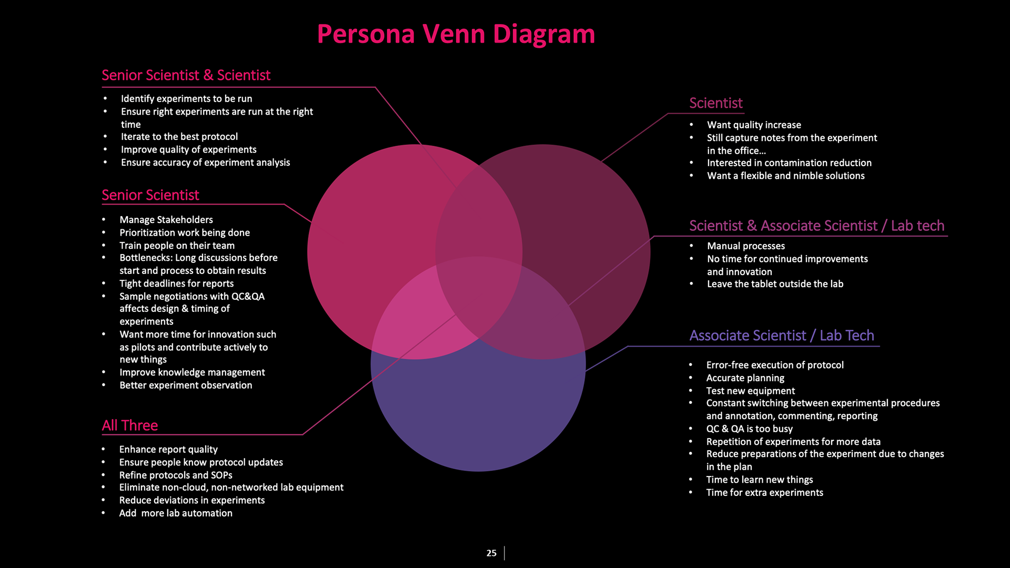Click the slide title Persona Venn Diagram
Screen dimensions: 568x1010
tap(456, 34)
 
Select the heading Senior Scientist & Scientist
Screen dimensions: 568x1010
tap(186, 75)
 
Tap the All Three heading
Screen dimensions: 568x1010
tap(129, 425)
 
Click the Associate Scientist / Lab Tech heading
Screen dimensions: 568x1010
tap(781, 336)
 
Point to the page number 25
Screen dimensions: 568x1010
tap(491, 553)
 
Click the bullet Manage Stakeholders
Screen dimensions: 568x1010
tap(166, 219)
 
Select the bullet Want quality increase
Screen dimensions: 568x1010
tap(753, 125)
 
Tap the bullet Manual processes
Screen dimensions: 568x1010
tap(745, 246)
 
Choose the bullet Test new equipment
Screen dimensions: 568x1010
tap(750, 391)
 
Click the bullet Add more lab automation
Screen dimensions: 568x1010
tap(175, 513)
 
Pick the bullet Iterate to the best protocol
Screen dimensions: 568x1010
tap(179, 137)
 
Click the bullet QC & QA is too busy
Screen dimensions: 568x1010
tap(749, 429)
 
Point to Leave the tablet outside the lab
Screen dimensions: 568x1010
tap(775, 284)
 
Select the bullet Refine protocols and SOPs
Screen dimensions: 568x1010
tap(175, 475)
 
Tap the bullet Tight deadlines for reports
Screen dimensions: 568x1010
tap(176, 283)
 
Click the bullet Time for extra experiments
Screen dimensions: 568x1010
tap(764, 492)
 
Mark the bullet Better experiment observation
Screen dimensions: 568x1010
tap(185, 385)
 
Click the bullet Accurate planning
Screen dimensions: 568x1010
tap(745, 378)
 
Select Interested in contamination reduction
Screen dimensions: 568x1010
tap(789, 163)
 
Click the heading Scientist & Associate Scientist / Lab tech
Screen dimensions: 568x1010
tap(816, 226)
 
